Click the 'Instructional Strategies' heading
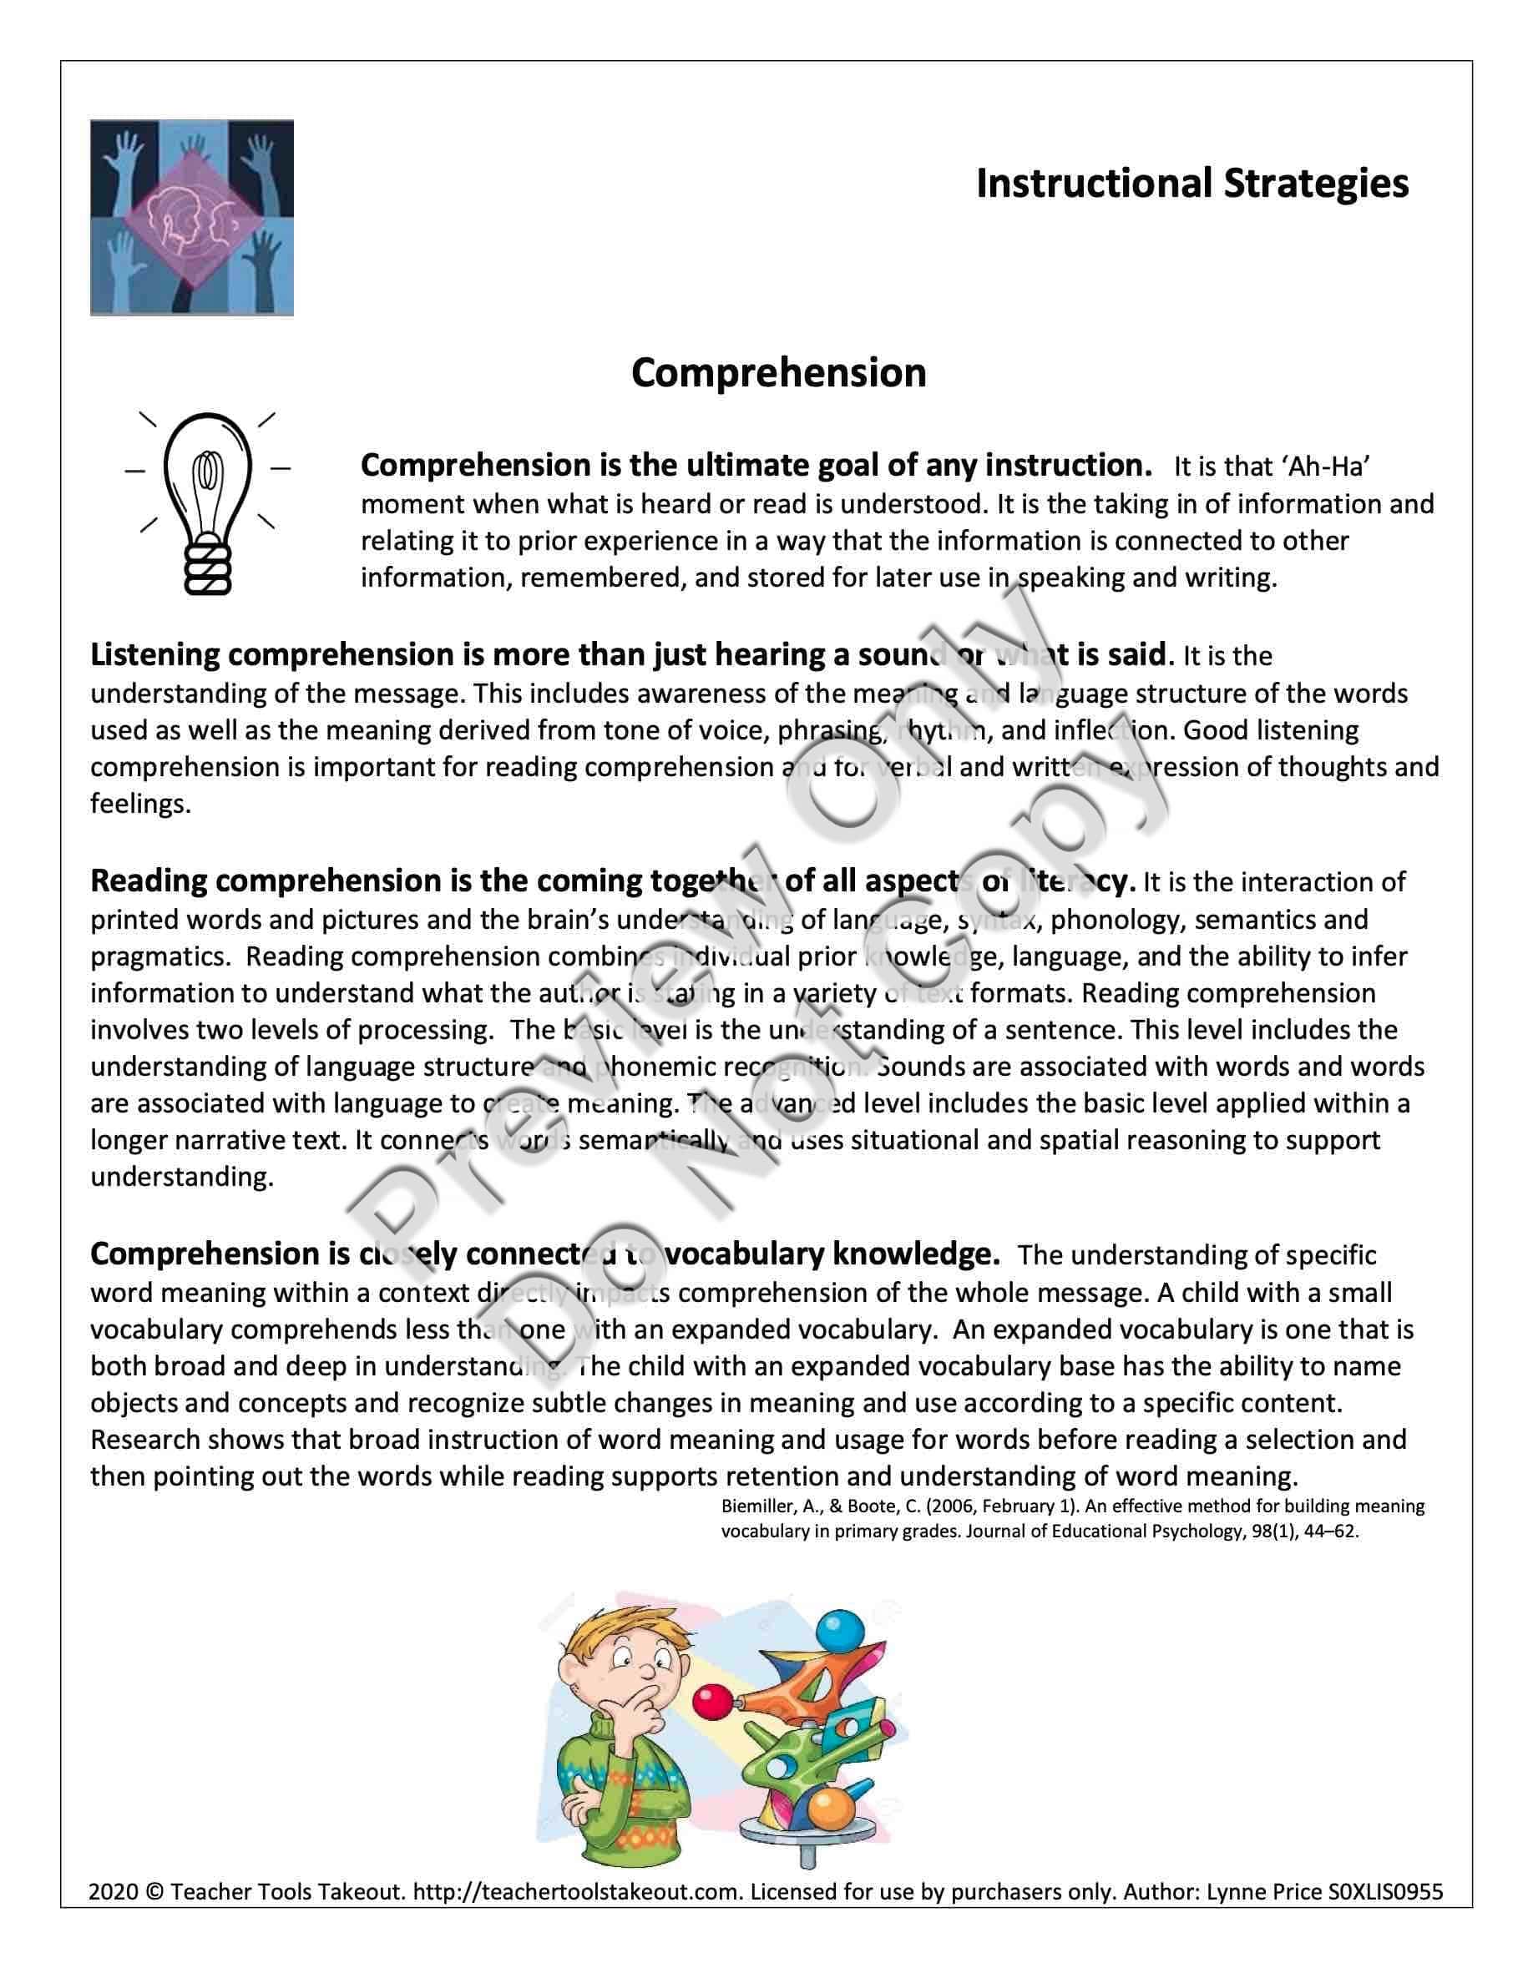pos(1191,184)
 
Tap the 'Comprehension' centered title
pos(778,373)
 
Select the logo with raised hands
pos(192,218)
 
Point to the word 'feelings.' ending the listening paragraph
pos(141,805)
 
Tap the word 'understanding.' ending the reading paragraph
pos(182,1178)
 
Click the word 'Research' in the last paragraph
pos(144,1439)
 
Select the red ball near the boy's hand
pos(709,1696)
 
